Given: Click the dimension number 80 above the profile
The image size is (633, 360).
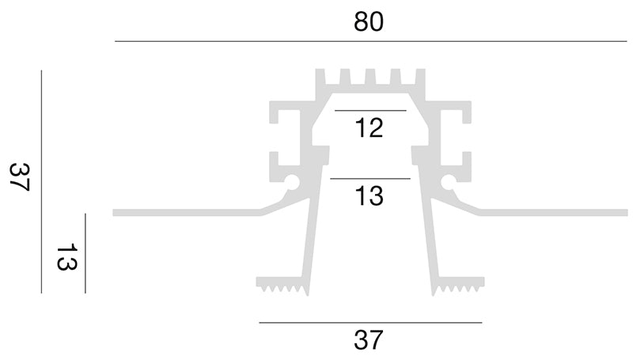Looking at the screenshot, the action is tap(369, 22).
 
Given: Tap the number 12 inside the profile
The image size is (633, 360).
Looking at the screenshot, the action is tap(369, 128).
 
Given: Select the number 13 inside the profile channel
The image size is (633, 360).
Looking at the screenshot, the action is tap(369, 195).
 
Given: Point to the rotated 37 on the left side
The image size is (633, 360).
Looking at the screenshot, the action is tap(19, 176).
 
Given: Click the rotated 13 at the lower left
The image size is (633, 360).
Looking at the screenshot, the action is tap(66, 256).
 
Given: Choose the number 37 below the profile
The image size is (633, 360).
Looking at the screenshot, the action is tap(368, 340).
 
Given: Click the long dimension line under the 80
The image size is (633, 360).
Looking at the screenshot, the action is tap(370, 41).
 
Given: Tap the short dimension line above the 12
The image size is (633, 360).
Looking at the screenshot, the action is tap(370, 110).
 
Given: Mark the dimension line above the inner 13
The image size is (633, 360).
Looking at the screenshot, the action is tap(370, 178).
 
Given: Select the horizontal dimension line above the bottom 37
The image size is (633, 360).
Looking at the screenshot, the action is tap(370, 323).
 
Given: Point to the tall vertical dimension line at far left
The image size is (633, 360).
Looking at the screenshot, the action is tap(41, 182).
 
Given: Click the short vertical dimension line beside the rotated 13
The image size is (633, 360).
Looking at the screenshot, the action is tap(85, 253).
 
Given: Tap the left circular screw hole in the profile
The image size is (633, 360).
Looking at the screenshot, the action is tap(292, 182).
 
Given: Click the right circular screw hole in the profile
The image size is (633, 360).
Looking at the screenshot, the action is tap(448, 182).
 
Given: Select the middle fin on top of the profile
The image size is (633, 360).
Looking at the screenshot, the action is tap(370, 77).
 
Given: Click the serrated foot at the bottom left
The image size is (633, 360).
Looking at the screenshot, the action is tap(282, 284).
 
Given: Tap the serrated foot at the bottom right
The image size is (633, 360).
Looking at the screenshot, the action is tap(458, 284).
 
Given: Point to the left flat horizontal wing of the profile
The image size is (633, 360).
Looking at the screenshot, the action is tap(187, 213).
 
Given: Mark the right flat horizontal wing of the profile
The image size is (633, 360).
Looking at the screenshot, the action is tap(554, 213).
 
